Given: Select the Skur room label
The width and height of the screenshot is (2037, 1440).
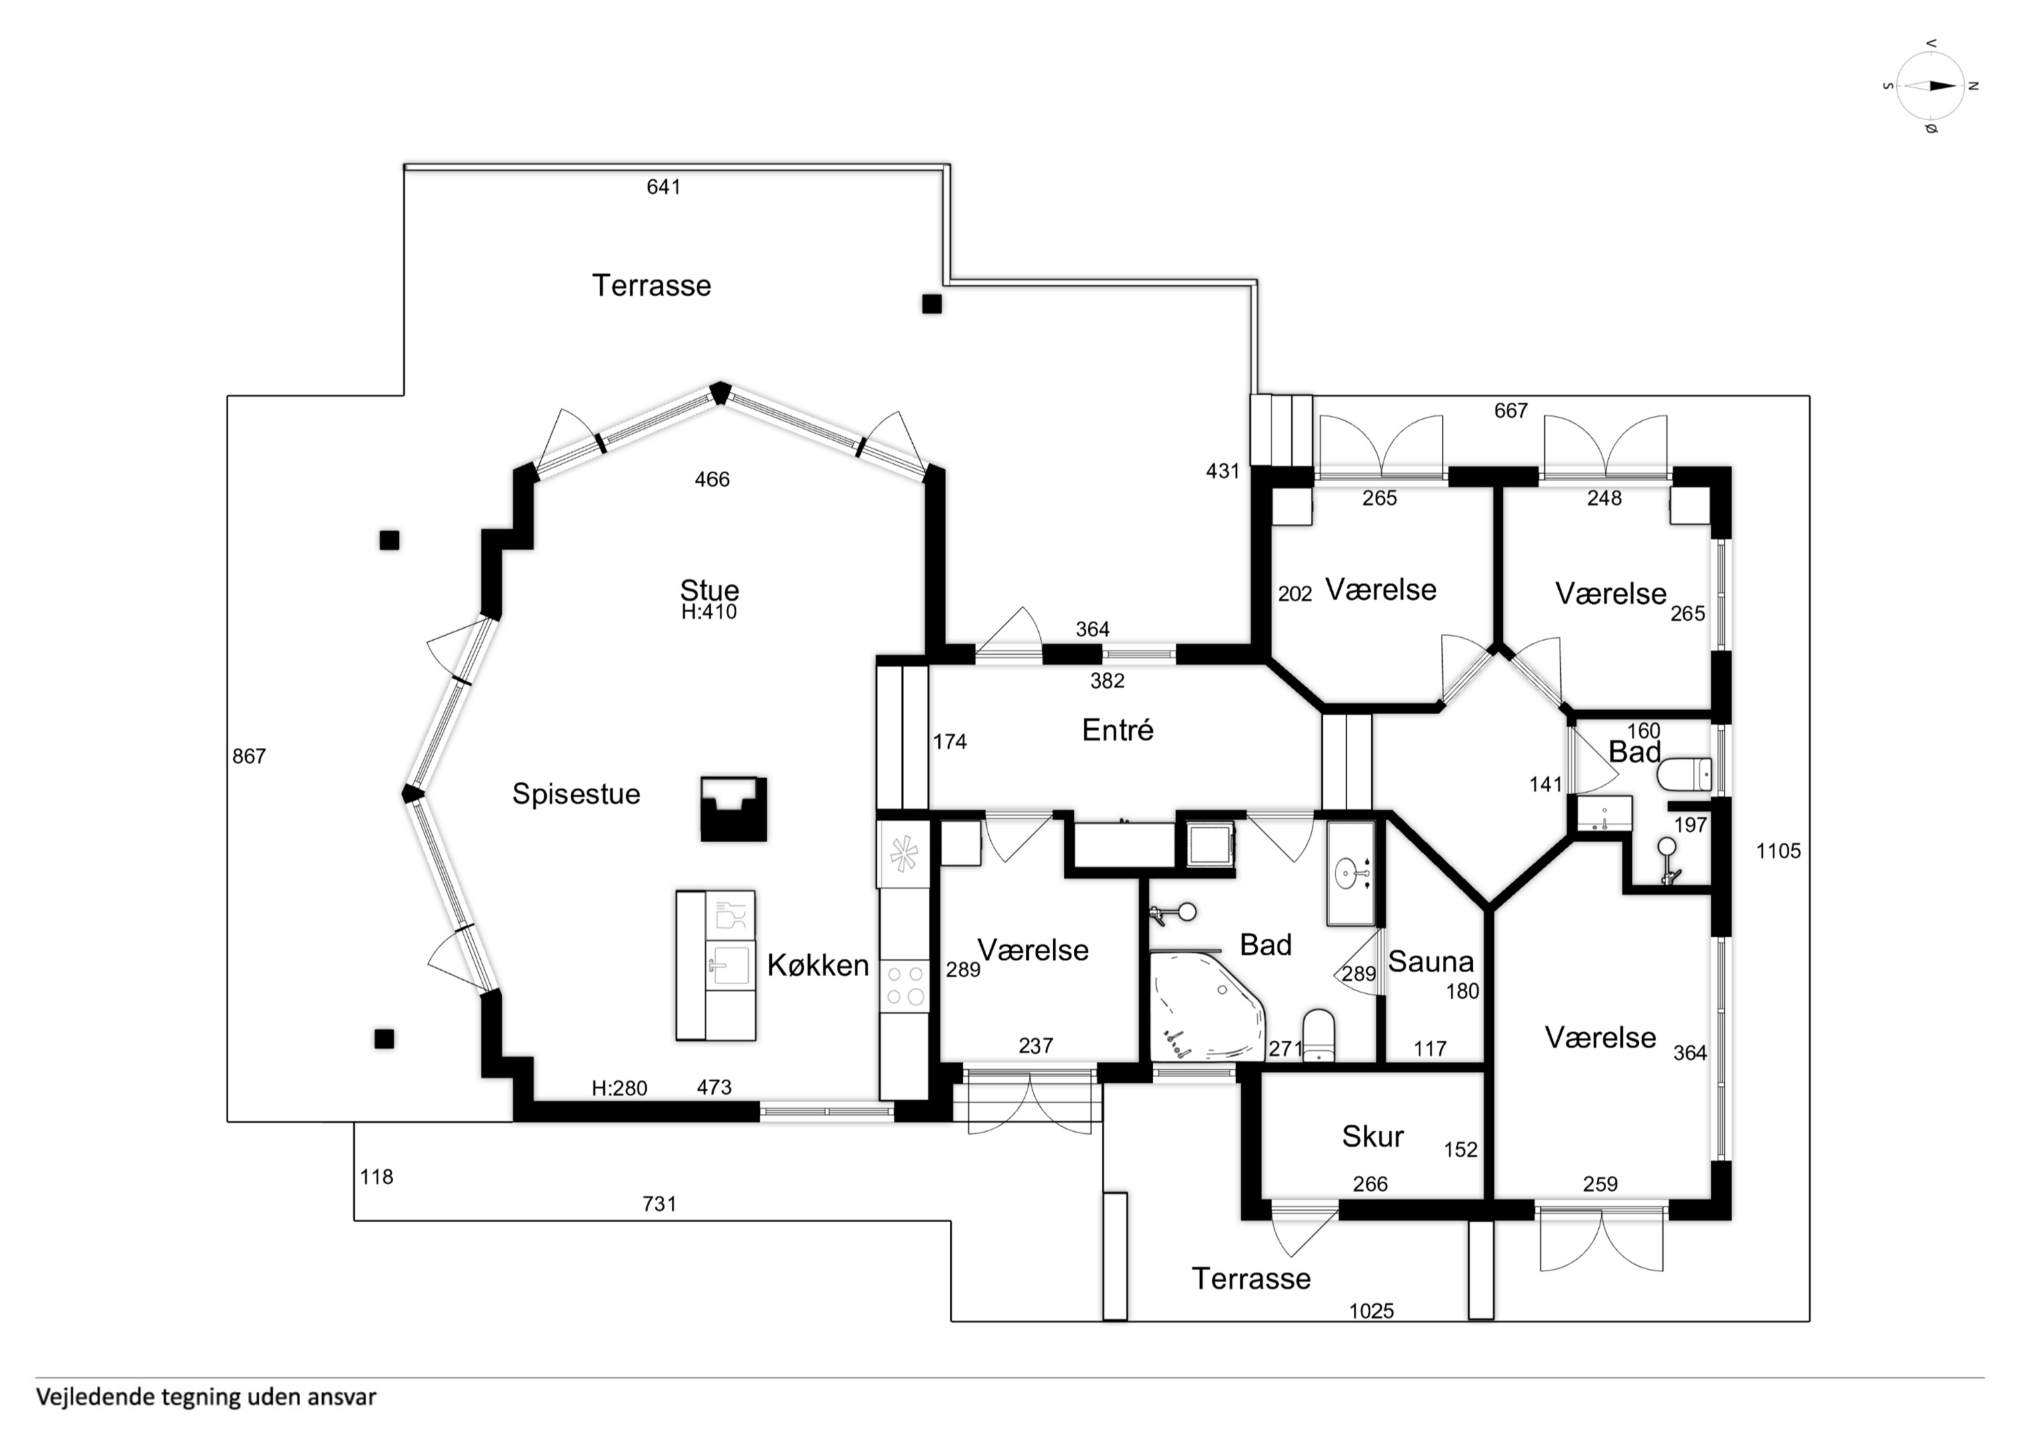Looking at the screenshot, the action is [x=1372, y=1137].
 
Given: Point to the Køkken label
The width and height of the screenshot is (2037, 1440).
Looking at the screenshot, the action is [x=818, y=965].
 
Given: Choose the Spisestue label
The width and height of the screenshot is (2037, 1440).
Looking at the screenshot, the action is [x=576, y=793].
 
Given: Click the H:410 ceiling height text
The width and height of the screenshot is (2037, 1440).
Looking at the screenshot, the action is [x=709, y=611].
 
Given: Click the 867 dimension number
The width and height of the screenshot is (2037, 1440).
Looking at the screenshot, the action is [x=249, y=756].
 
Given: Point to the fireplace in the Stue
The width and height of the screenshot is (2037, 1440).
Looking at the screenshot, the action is [x=733, y=809].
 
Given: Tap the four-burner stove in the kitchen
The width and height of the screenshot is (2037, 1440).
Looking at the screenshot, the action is [x=904, y=986].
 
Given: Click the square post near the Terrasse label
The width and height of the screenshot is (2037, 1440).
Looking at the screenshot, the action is [x=931, y=304].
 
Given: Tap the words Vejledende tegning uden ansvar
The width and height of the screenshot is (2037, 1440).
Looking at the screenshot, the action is [x=206, y=1397].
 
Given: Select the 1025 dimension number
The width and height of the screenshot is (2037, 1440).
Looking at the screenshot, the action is [x=1371, y=1311].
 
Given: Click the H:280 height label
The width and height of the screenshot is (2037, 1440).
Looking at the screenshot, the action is [x=619, y=1088].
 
